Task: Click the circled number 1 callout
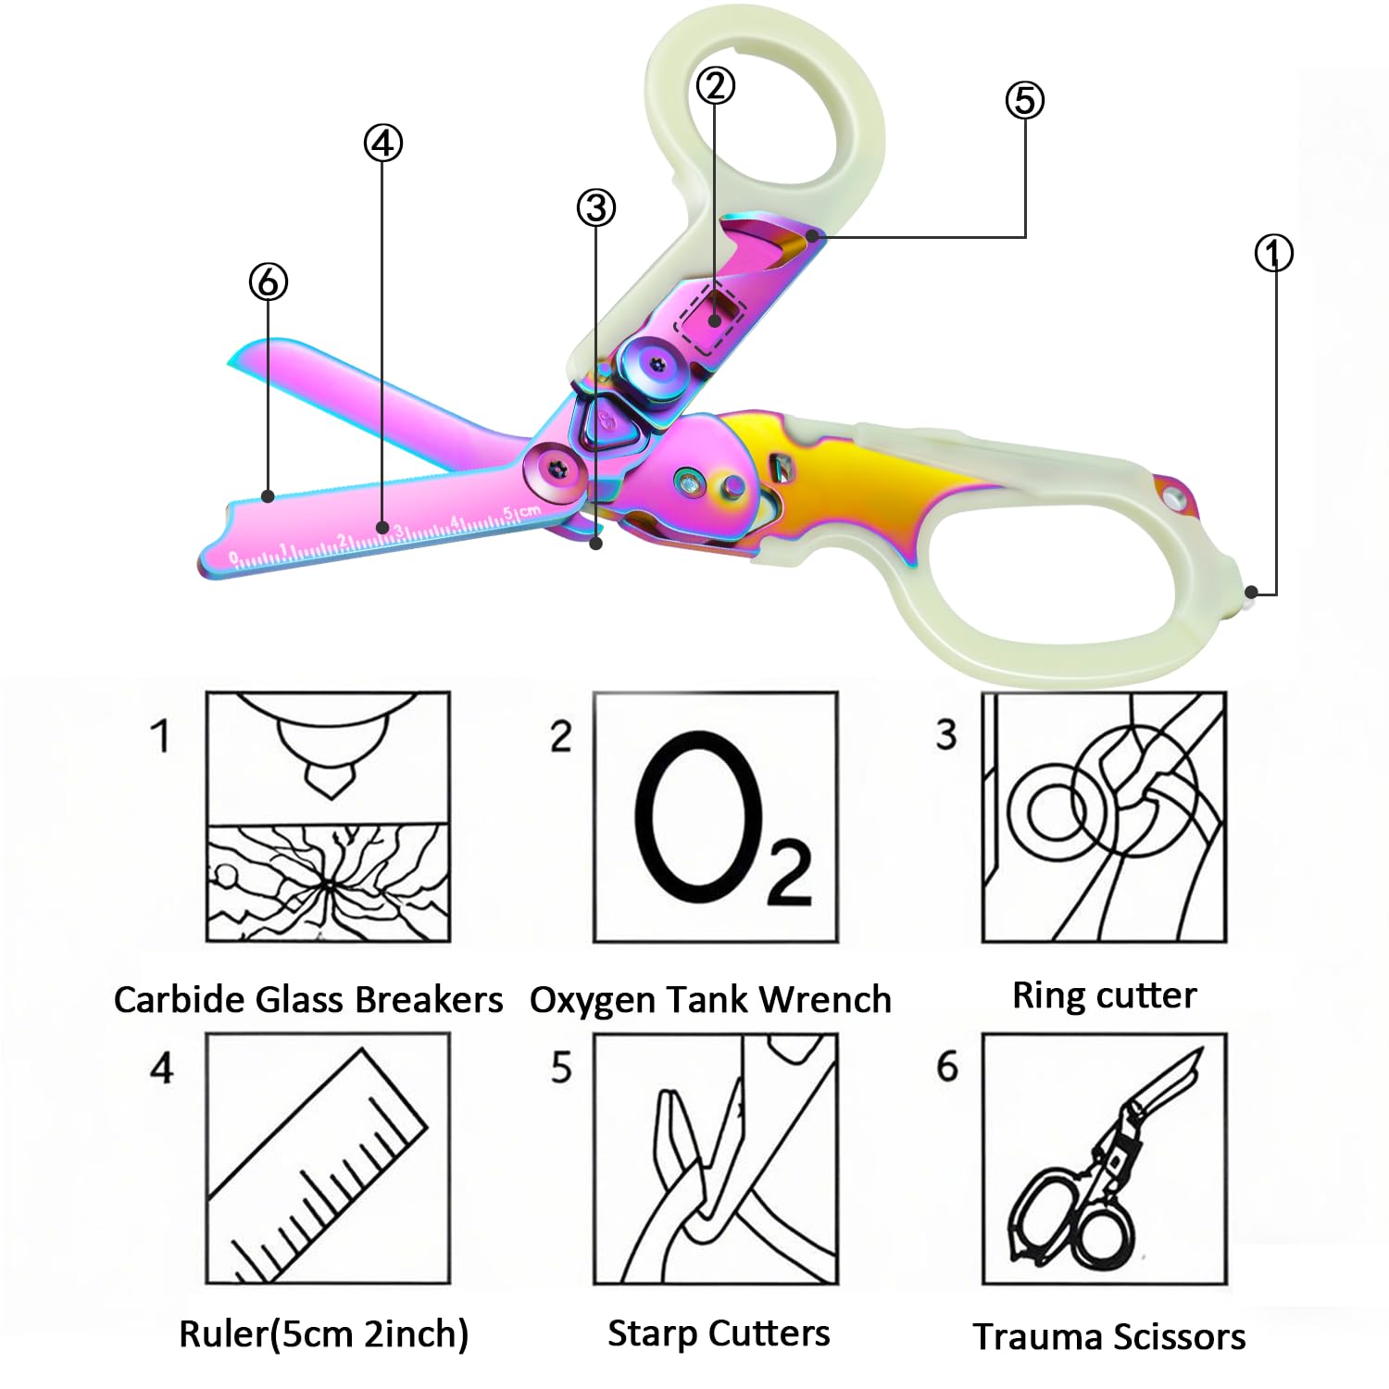point(1273,253)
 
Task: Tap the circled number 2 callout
point(715,86)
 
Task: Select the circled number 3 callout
point(596,207)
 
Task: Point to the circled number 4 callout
point(382,144)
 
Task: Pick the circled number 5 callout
point(1024,100)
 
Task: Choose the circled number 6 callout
point(269,282)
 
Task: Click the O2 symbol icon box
point(716,817)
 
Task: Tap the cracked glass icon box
point(328,817)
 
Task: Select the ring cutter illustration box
point(1104,817)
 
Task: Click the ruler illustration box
point(328,1158)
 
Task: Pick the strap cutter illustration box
point(716,1158)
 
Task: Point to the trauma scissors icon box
point(1104,1158)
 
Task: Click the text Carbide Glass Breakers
point(308,1000)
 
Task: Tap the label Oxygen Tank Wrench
point(710,1000)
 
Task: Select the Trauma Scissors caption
point(1108,1337)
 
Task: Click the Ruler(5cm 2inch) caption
point(323,1334)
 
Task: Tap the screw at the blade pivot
point(557,468)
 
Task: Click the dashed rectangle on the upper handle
point(711,319)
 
